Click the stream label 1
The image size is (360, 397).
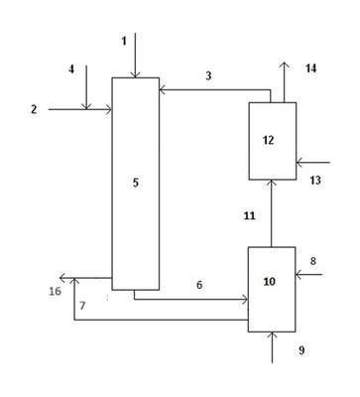[x=124, y=41]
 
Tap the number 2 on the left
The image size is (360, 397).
[x=34, y=109]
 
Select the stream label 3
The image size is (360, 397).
[x=208, y=75]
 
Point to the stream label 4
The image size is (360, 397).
[x=71, y=69]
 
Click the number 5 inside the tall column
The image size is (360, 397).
[x=136, y=183]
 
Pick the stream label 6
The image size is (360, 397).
[x=199, y=285]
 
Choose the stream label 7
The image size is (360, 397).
[x=82, y=306]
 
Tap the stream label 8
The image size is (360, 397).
[x=312, y=261]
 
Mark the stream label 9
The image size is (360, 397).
[x=301, y=350]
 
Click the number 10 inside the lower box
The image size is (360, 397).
[x=270, y=282]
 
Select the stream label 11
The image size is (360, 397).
[x=250, y=216]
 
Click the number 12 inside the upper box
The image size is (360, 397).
[x=269, y=140]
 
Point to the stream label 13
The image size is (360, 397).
[x=315, y=181]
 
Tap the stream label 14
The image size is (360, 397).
[x=310, y=68]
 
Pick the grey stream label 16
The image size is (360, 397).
[x=56, y=291]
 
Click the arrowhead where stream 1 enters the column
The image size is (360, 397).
[x=135, y=74]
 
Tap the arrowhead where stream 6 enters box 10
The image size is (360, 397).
[x=245, y=300]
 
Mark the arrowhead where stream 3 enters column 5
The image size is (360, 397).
[x=163, y=89]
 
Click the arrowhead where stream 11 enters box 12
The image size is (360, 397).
[x=272, y=183]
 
